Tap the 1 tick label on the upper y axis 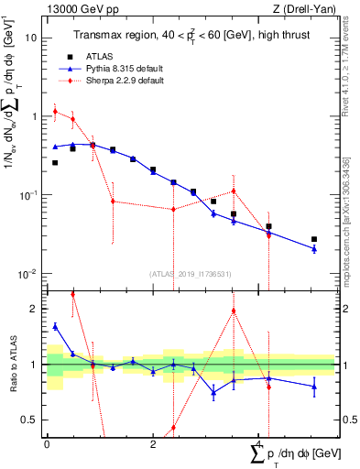pyautogui.click(x=35, y=117)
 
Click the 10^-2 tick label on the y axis pyautogui.click(x=30, y=275)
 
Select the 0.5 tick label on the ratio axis pyautogui.click(x=30, y=420)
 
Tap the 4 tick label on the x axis pyautogui.click(x=259, y=443)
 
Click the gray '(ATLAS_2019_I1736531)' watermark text pyautogui.click(x=190, y=273)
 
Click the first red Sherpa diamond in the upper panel pyautogui.click(x=55, y=112)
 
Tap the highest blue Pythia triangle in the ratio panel pyautogui.click(x=55, y=326)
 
